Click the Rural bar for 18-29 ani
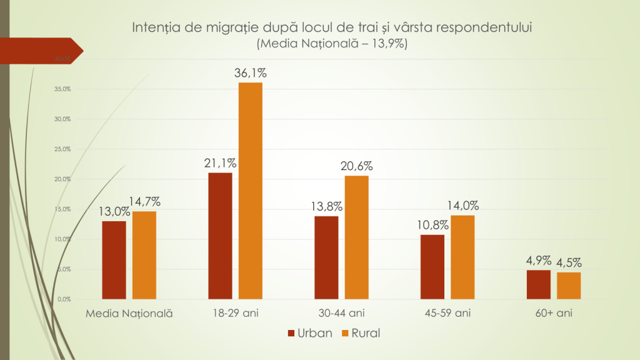(250, 191)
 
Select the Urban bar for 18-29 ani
(219, 236)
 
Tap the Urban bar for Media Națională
(113, 260)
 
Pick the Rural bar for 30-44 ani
(356, 237)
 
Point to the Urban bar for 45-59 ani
(432, 267)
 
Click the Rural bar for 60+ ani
(569, 286)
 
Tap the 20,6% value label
(357, 166)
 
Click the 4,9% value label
(538, 261)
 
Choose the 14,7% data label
(145, 202)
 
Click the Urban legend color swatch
(291, 333)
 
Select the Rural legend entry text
(366, 333)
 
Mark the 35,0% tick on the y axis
(62, 89)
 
